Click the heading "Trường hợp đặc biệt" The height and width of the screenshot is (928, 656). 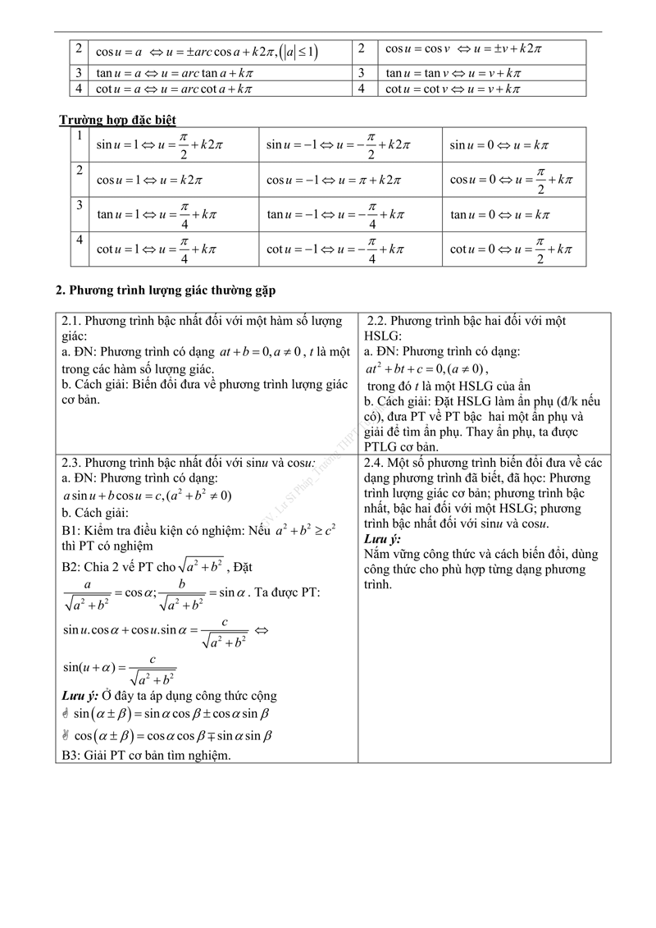click(x=117, y=121)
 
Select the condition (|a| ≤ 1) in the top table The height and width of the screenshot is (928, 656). click(x=298, y=52)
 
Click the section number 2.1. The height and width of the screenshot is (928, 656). click(x=71, y=321)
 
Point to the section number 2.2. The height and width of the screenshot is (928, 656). click(x=377, y=321)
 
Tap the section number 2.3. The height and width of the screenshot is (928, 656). click(x=71, y=463)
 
